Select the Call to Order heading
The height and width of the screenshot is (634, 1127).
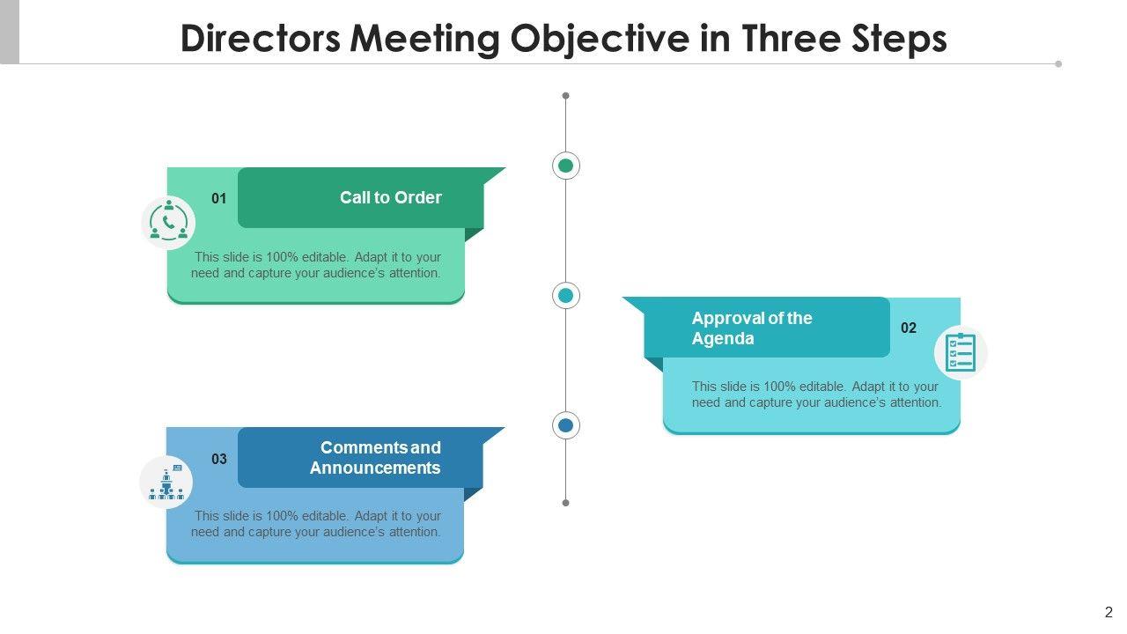pos(391,198)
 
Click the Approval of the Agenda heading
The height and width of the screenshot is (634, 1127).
pos(751,328)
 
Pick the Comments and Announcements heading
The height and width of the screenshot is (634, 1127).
pos(375,458)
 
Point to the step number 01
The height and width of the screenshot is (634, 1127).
pos(219,199)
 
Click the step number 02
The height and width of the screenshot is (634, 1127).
pos(909,328)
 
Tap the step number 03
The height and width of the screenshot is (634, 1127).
pos(219,459)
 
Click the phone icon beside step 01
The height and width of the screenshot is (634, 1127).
pos(168,222)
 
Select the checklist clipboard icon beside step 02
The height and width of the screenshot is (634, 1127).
pos(960,352)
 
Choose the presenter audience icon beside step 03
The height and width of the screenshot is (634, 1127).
pos(166,483)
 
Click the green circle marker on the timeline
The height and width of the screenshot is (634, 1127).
pos(566,166)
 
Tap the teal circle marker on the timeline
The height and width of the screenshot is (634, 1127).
pos(566,296)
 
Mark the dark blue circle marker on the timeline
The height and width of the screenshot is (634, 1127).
pos(566,426)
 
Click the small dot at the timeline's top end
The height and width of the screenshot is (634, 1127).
pos(566,95)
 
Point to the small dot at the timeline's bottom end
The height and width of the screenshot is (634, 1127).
pos(566,503)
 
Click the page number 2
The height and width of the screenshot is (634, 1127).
pos(1109,613)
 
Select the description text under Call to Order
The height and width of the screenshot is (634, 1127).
pos(317,265)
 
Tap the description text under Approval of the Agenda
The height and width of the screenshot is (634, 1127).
pos(816,394)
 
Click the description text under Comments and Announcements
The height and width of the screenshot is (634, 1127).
pos(317,524)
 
